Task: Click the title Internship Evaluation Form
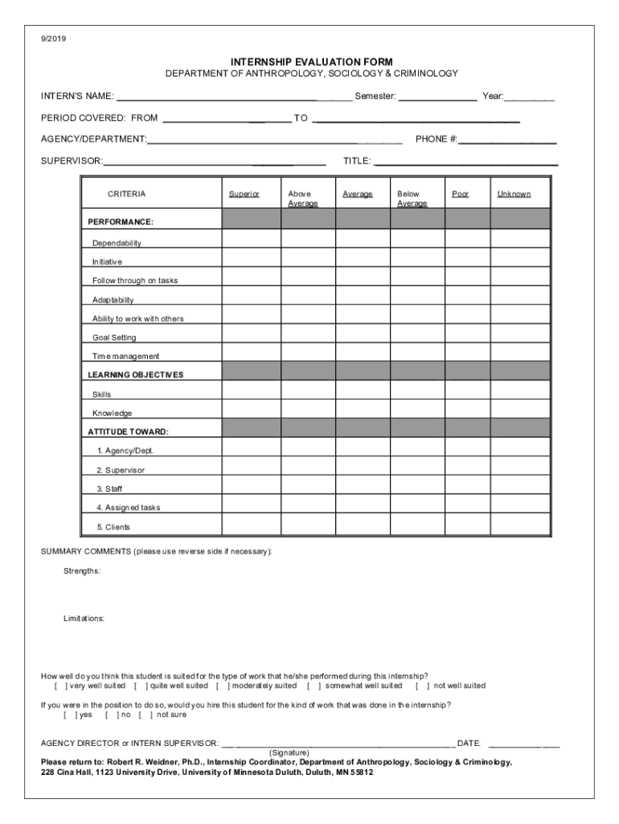311,61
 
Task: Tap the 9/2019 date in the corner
55,38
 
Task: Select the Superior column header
244,194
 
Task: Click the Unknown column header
514,194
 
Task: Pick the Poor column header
461,194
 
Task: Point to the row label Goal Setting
114,337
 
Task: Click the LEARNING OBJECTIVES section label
135,374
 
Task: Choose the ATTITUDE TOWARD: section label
128,431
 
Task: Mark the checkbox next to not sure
146,714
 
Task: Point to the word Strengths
82,571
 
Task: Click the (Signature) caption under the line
289,752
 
